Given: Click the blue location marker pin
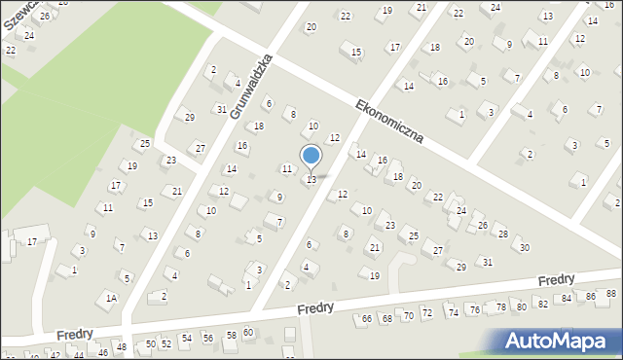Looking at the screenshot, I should point(311,157).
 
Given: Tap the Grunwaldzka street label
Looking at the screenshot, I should point(250,87).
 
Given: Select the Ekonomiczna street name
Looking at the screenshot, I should point(389,121).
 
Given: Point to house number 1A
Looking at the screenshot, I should point(112,298).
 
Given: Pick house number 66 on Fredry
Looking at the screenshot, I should point(367,318).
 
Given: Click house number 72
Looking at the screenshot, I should point(425,313).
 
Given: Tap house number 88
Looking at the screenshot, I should point(611,294).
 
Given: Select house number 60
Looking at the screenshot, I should point(248,333).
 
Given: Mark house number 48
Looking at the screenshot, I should point(122,347).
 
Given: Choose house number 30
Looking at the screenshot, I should point(525,247).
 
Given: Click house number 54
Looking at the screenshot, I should point(186,339).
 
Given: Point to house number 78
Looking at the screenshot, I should point(501,306).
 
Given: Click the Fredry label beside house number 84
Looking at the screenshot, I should point(557,280).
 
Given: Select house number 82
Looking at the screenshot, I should point(543,304).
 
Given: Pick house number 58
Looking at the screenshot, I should point(231,335).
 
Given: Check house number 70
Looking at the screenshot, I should point(408,316).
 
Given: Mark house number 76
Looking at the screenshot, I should point(474,309).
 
